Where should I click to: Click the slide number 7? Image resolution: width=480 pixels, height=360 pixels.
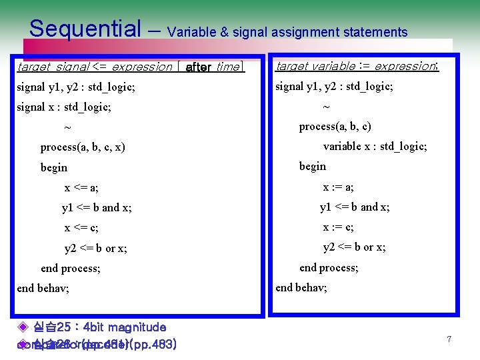[449, 339]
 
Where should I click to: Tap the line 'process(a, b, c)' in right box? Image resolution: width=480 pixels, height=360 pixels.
[335, 127]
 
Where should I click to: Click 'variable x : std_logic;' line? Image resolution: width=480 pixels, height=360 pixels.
[375, 147]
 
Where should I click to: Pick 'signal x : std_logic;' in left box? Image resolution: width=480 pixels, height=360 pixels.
[64, 107]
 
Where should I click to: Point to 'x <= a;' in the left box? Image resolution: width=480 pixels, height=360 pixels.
[81, 188]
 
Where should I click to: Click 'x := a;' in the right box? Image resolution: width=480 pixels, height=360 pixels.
[339, 187]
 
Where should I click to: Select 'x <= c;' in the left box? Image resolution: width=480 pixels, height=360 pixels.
[81, 228]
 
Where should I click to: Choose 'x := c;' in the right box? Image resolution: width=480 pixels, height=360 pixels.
[339, 227]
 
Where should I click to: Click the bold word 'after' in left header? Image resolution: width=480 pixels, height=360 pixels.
[199, 67]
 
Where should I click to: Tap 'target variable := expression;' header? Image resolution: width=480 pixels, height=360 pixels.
[357, 66]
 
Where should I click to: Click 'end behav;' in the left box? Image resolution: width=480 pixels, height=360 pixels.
[43, 289]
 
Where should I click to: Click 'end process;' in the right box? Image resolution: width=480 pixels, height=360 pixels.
[329, 267]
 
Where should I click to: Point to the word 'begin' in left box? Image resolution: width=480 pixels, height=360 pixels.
[54, 168]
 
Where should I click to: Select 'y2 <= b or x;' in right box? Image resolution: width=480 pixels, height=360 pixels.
[354, 247]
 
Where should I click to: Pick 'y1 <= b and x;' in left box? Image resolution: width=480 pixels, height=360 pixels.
[97, 208]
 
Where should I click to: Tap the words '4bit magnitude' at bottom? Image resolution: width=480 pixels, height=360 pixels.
[127, 327]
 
